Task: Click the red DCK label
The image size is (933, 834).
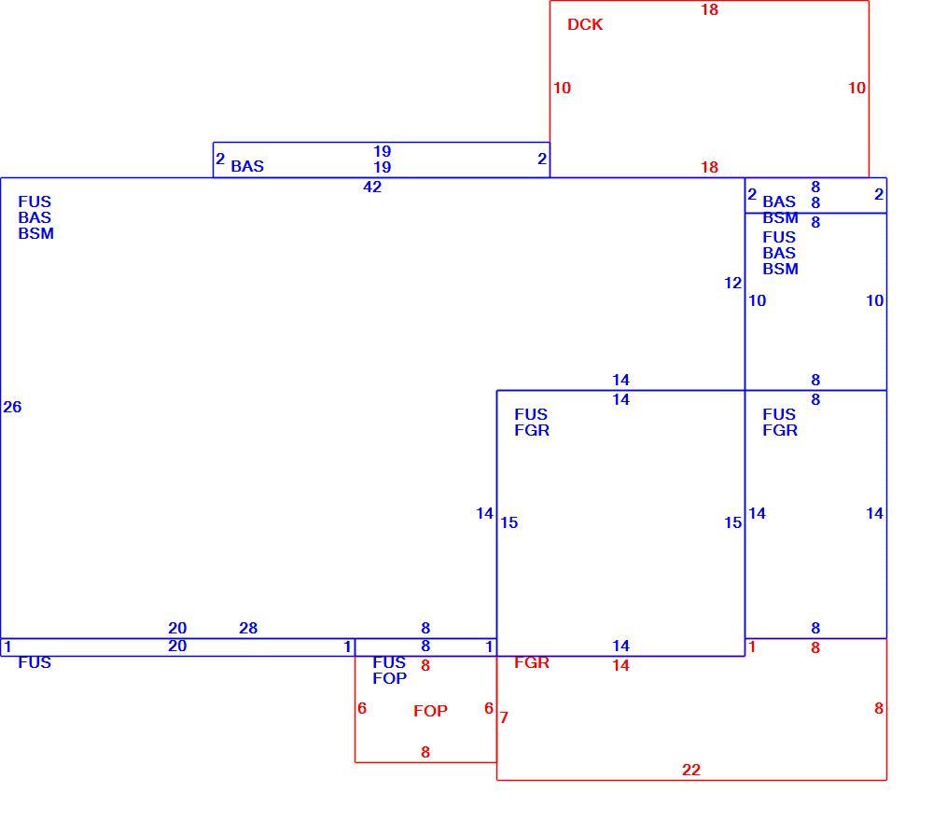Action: point(585,24)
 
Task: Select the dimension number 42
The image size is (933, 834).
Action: point(372,187)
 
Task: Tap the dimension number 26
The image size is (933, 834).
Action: point(12,407)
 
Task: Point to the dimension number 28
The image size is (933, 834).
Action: point(248,628)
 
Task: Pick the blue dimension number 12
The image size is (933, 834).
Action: point(733,284)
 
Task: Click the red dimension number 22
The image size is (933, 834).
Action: point(690,770)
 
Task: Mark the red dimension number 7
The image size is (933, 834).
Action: point(504,718)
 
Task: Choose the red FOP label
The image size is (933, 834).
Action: point(430,711)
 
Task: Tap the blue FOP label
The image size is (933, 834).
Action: point(390,678)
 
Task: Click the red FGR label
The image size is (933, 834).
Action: point(532,662)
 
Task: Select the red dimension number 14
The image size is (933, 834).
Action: point(620,666)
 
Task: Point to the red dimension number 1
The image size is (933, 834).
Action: point(751,647)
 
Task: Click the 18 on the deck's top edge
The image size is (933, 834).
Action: point(709,9)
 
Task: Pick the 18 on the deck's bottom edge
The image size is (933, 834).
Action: point(709,167)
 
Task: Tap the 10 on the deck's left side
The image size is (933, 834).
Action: point(563,88)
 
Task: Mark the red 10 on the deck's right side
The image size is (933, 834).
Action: point(856,88)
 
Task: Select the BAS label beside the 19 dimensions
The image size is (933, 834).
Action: point(247,166)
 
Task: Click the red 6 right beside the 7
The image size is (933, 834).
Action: point(489,708)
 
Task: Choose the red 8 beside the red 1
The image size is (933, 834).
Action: point(815,647)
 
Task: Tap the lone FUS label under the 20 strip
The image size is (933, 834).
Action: point(35,662)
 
